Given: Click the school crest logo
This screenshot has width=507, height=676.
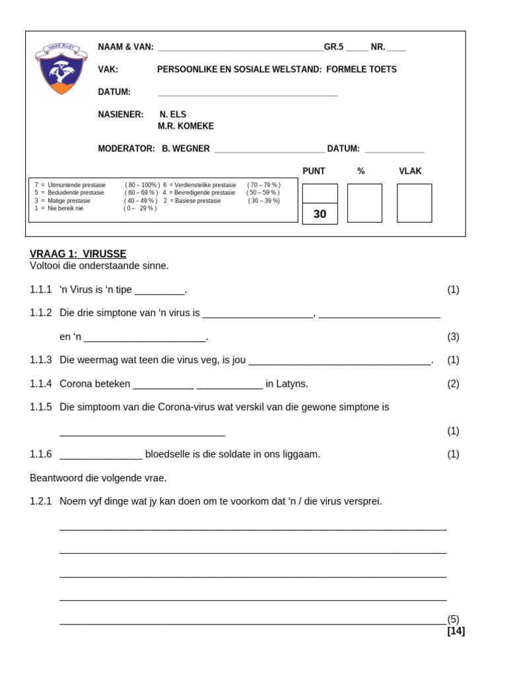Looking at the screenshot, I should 61,69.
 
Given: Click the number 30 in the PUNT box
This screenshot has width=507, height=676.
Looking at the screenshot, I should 320,214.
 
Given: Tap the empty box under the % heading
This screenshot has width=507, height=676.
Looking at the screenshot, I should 364,203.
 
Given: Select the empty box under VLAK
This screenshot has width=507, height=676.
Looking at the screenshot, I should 414,203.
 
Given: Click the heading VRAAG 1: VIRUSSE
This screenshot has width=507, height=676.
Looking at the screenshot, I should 78,253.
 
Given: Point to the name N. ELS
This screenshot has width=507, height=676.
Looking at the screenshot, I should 173,114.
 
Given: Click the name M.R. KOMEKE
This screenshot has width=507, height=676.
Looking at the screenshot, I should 186,126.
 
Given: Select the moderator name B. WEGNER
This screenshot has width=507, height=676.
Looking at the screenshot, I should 186,149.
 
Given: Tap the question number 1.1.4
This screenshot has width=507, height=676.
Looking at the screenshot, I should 40,384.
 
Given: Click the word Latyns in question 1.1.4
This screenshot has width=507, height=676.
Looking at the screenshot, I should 292,384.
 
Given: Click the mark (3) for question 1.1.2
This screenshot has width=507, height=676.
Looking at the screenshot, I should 453,336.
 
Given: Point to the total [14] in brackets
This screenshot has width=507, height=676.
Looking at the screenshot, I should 456,630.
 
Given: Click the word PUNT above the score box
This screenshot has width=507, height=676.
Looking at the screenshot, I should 314,171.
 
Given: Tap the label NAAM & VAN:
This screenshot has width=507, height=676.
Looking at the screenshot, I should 125,47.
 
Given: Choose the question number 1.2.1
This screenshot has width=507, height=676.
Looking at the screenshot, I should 40,501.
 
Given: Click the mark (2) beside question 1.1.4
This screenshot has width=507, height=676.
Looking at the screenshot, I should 453,384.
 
